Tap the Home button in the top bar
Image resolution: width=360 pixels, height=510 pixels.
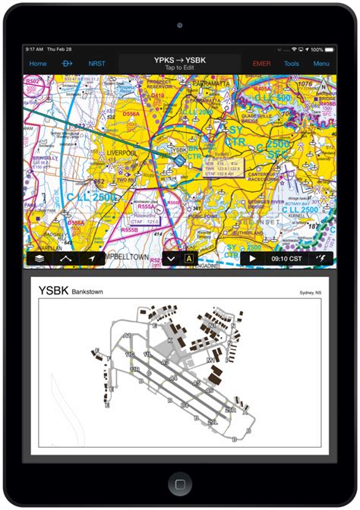tap(38, 64)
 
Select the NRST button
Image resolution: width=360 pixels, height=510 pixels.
tap(97, 64)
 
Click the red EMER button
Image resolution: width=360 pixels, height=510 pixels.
tap(261, 64)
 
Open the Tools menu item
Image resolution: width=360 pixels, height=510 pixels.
tap(292, 64)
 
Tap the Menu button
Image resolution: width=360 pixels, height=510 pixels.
tap(321, 64)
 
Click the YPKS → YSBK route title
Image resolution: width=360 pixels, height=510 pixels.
tap(179, 61)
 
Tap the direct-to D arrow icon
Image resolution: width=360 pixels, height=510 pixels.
tap(67, 64)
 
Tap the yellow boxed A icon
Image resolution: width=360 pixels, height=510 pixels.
tap(189, 259)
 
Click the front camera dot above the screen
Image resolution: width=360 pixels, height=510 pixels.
tap(180, 24)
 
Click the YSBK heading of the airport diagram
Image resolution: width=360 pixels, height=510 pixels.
tap(52, 291)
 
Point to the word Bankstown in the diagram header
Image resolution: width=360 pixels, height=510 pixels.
tap(87, 291)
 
